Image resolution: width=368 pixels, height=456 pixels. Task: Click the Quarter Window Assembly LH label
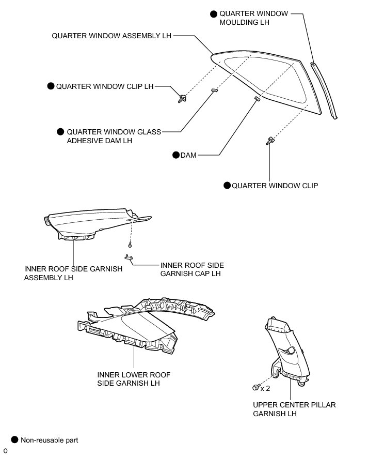click(x=111, y=36)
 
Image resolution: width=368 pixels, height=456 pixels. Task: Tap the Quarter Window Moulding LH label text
click(x=246, y=18)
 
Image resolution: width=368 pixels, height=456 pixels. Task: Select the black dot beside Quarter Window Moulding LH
click(x=214, y=13)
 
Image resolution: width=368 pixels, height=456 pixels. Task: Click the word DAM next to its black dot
click(x=188, y=155)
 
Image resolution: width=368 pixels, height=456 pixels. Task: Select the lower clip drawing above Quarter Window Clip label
click(x=269, y=140)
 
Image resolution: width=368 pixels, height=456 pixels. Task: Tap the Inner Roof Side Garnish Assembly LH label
click(x=73, y=273)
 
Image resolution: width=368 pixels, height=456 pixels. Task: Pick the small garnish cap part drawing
click(x=128, y=257)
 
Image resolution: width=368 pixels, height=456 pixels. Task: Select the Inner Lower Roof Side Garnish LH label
click(x=134, y=378)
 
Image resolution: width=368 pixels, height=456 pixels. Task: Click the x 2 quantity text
click(x=265, y=387)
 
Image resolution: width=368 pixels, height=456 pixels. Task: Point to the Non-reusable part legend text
click(x=49, y=440)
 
